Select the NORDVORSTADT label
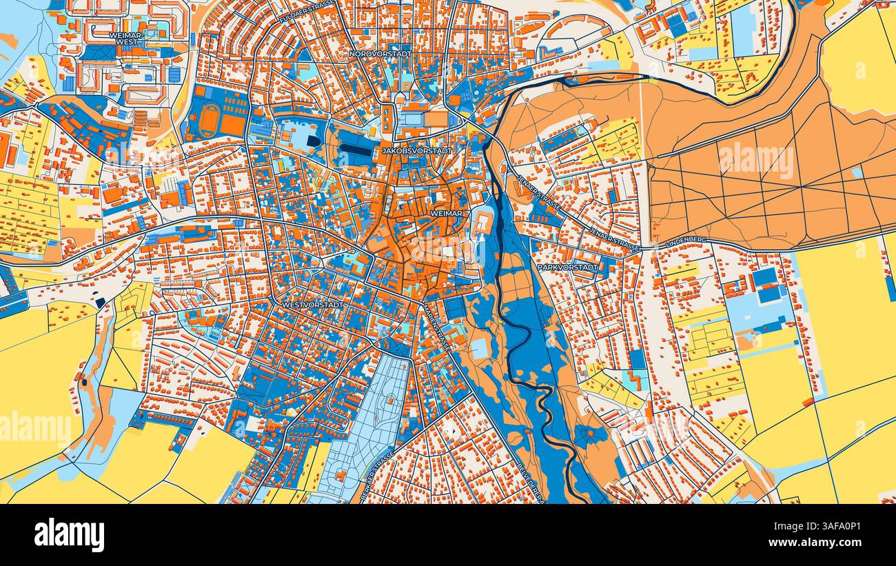coord(380,53)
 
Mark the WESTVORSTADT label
coord(312,303)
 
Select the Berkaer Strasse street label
coord(376,476)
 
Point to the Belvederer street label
coord(530,483)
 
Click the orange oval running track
coord(210,121)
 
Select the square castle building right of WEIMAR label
coord(485,223)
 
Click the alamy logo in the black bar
coord(70,535)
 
